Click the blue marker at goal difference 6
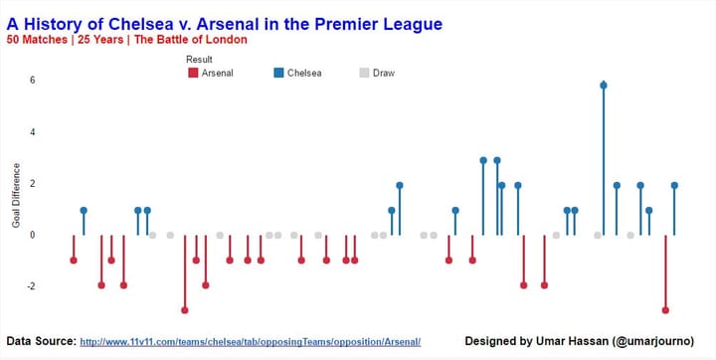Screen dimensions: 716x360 (x=604, y=86)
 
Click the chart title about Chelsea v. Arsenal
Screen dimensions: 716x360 (x=224, y=24)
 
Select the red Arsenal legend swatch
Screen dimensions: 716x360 (x=193, y=73)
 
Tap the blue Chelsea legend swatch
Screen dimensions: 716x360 (x=278, y=73)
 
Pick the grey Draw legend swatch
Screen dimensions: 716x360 (x=364, y=73)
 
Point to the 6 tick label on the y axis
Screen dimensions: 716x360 (x=33, y=80)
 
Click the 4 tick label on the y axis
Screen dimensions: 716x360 (x=33, y=132)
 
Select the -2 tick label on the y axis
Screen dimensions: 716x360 (x=31, y=286)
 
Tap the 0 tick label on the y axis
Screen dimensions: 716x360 (x=33, y=235)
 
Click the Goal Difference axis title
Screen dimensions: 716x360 (x=17, y=195)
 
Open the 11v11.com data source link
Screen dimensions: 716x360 (x=251, y=342)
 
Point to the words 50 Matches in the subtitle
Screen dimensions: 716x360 (x=37, y=40)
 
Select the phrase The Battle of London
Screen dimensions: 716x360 (x=190, y=40)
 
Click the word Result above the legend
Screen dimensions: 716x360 (x=199, y=60)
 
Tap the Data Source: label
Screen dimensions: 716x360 (x=42, y=341)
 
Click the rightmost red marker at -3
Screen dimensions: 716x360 (x=665, y=310)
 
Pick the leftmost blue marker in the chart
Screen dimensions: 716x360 (x=84, y=210)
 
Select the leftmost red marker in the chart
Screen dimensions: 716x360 (x=74, y=260)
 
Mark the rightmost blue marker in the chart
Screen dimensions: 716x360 (x=674, y=185)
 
